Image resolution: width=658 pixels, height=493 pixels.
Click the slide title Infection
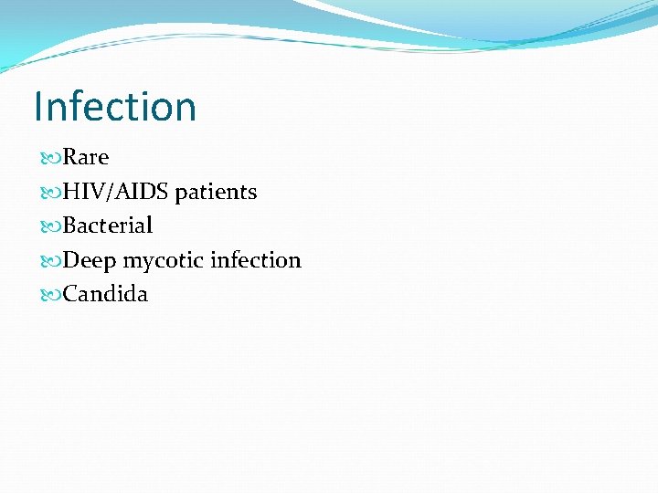pos(115,106)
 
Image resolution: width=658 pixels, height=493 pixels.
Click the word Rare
pos(86,157)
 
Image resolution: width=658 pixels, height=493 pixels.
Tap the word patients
pos(216,192)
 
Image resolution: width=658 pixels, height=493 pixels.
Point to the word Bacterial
pos(108,226)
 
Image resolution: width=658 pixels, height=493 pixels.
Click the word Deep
pos(90,261)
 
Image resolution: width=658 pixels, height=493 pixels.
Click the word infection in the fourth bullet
pos(255,260)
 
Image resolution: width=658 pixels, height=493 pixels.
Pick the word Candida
pos(105,295)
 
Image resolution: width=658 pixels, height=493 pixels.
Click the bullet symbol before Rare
pos(51,158)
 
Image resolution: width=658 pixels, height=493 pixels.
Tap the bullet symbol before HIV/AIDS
pos(51,193)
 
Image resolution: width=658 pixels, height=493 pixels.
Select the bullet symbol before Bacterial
pos(51,226)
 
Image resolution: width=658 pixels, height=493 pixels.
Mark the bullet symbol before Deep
pos(51,261)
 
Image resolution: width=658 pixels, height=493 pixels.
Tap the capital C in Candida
pos(70,295)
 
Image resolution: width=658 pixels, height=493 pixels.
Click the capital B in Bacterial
pos(69,226)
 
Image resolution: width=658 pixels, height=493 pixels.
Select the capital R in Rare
pos(70,157)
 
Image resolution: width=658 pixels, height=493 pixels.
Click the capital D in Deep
pos(71,260)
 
